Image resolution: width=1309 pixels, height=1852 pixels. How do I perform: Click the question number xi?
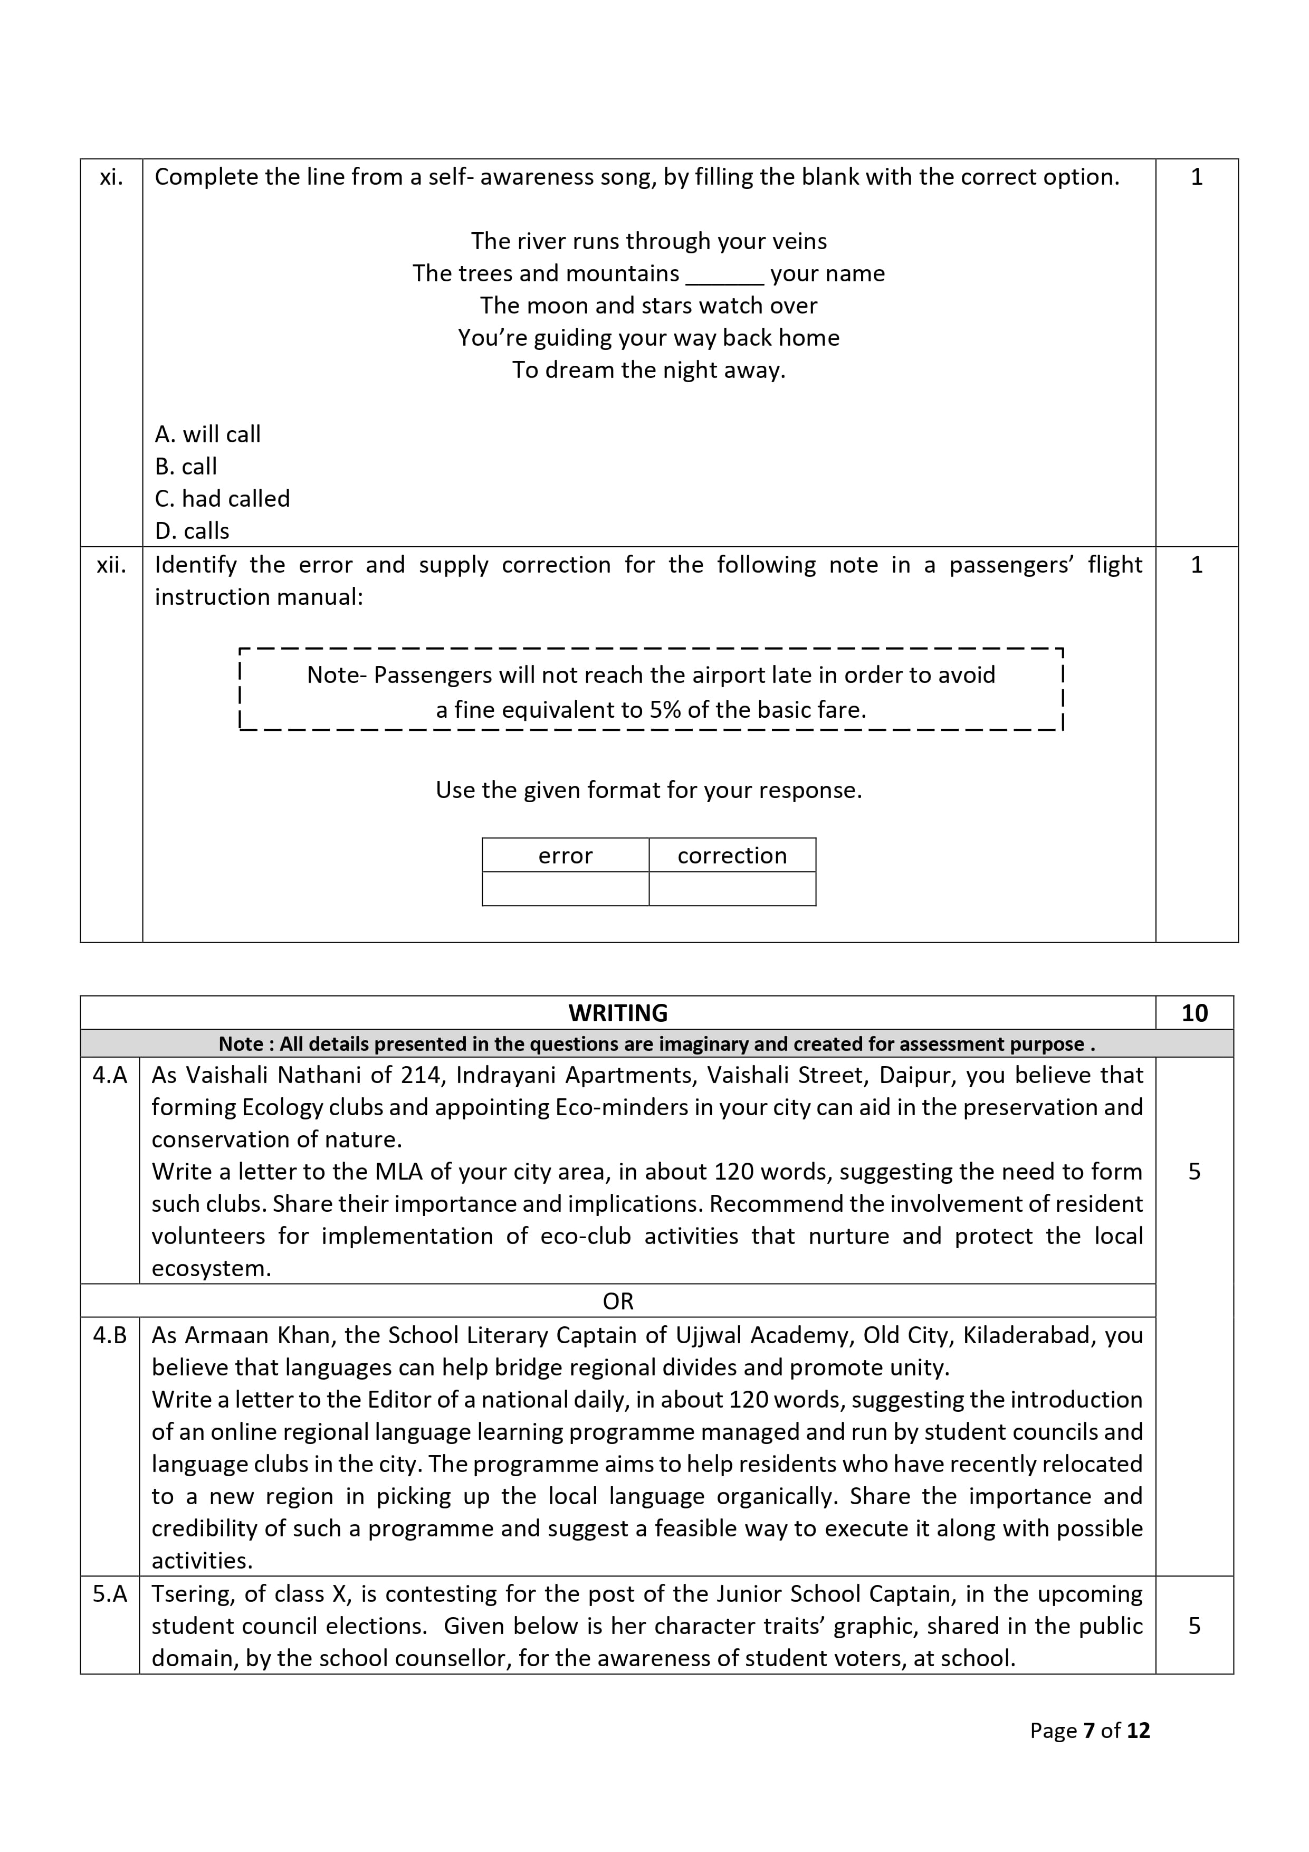(111, 177)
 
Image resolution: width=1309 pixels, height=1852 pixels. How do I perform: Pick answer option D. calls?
(192, 531)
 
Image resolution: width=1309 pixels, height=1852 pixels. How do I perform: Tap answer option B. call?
(186, 466)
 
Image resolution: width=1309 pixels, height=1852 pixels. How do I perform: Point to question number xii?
(111, 565)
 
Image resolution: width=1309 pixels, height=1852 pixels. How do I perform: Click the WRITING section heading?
(618, 1013)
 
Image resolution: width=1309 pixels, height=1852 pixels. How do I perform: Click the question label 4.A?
(110, 1075)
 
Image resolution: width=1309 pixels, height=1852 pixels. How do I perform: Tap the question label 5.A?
(110, 1594)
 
